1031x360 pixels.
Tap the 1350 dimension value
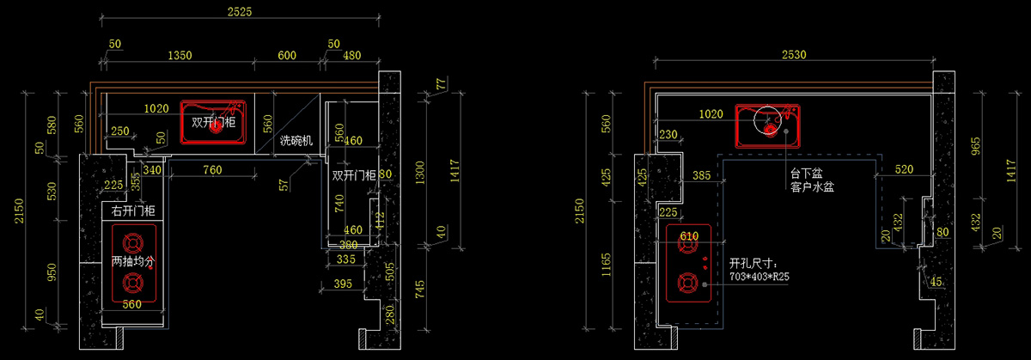pyautogui.click(x=180, y=56)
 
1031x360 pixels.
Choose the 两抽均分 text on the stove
pyautogui.click(x=132, y=260)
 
